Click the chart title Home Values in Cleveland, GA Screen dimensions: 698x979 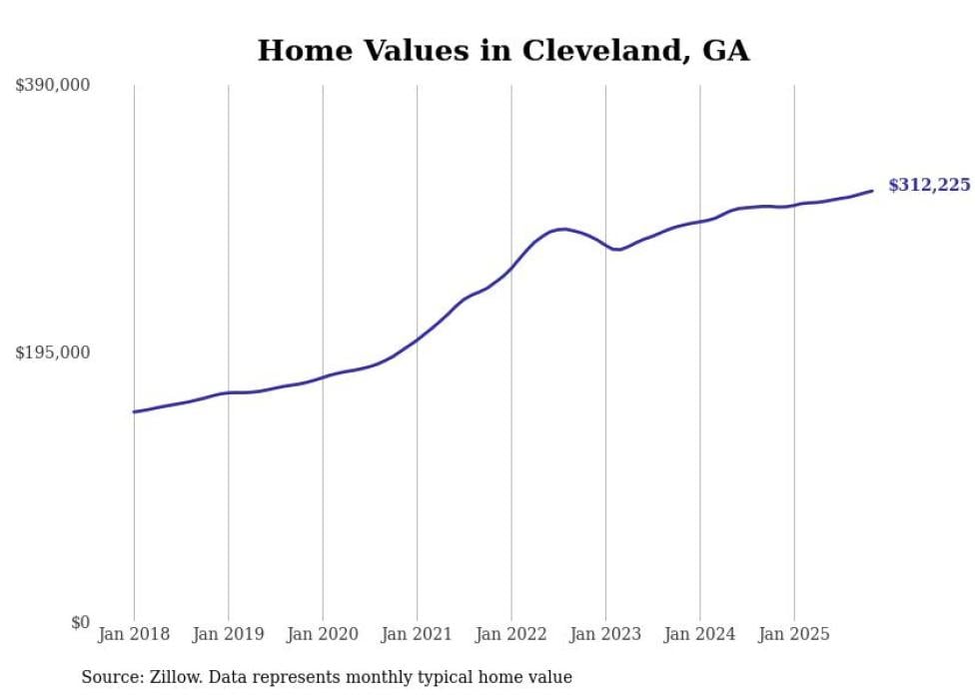[x=502, y=51]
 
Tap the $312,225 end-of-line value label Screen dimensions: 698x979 [x=929, y=185]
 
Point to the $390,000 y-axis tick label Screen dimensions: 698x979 [x=53, y=86]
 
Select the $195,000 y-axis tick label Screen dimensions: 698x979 [x=53, y=352]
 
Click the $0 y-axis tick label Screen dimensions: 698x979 [x=80, y=622]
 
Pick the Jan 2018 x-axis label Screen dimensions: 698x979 [x=134, y=634]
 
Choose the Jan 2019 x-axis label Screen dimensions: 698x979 [x=228, y=634]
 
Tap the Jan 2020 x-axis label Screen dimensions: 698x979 [x=323, y=634]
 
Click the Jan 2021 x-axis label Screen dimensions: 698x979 [x=417, y=634]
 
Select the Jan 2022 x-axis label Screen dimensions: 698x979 [x=511, y=634]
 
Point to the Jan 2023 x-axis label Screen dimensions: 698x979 [x=605, y=634]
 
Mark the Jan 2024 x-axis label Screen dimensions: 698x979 [x=699, y=634]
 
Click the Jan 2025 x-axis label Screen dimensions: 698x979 [x=794, y=634]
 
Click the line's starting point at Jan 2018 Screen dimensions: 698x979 [x=134, y=411]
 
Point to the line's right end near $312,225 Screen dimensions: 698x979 [x=872, y=191]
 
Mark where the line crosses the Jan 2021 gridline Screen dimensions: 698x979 [x=417, y=340]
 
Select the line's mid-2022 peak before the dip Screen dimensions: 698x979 [x=564, y=229]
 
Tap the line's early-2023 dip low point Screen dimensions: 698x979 [x=618, y=250]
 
